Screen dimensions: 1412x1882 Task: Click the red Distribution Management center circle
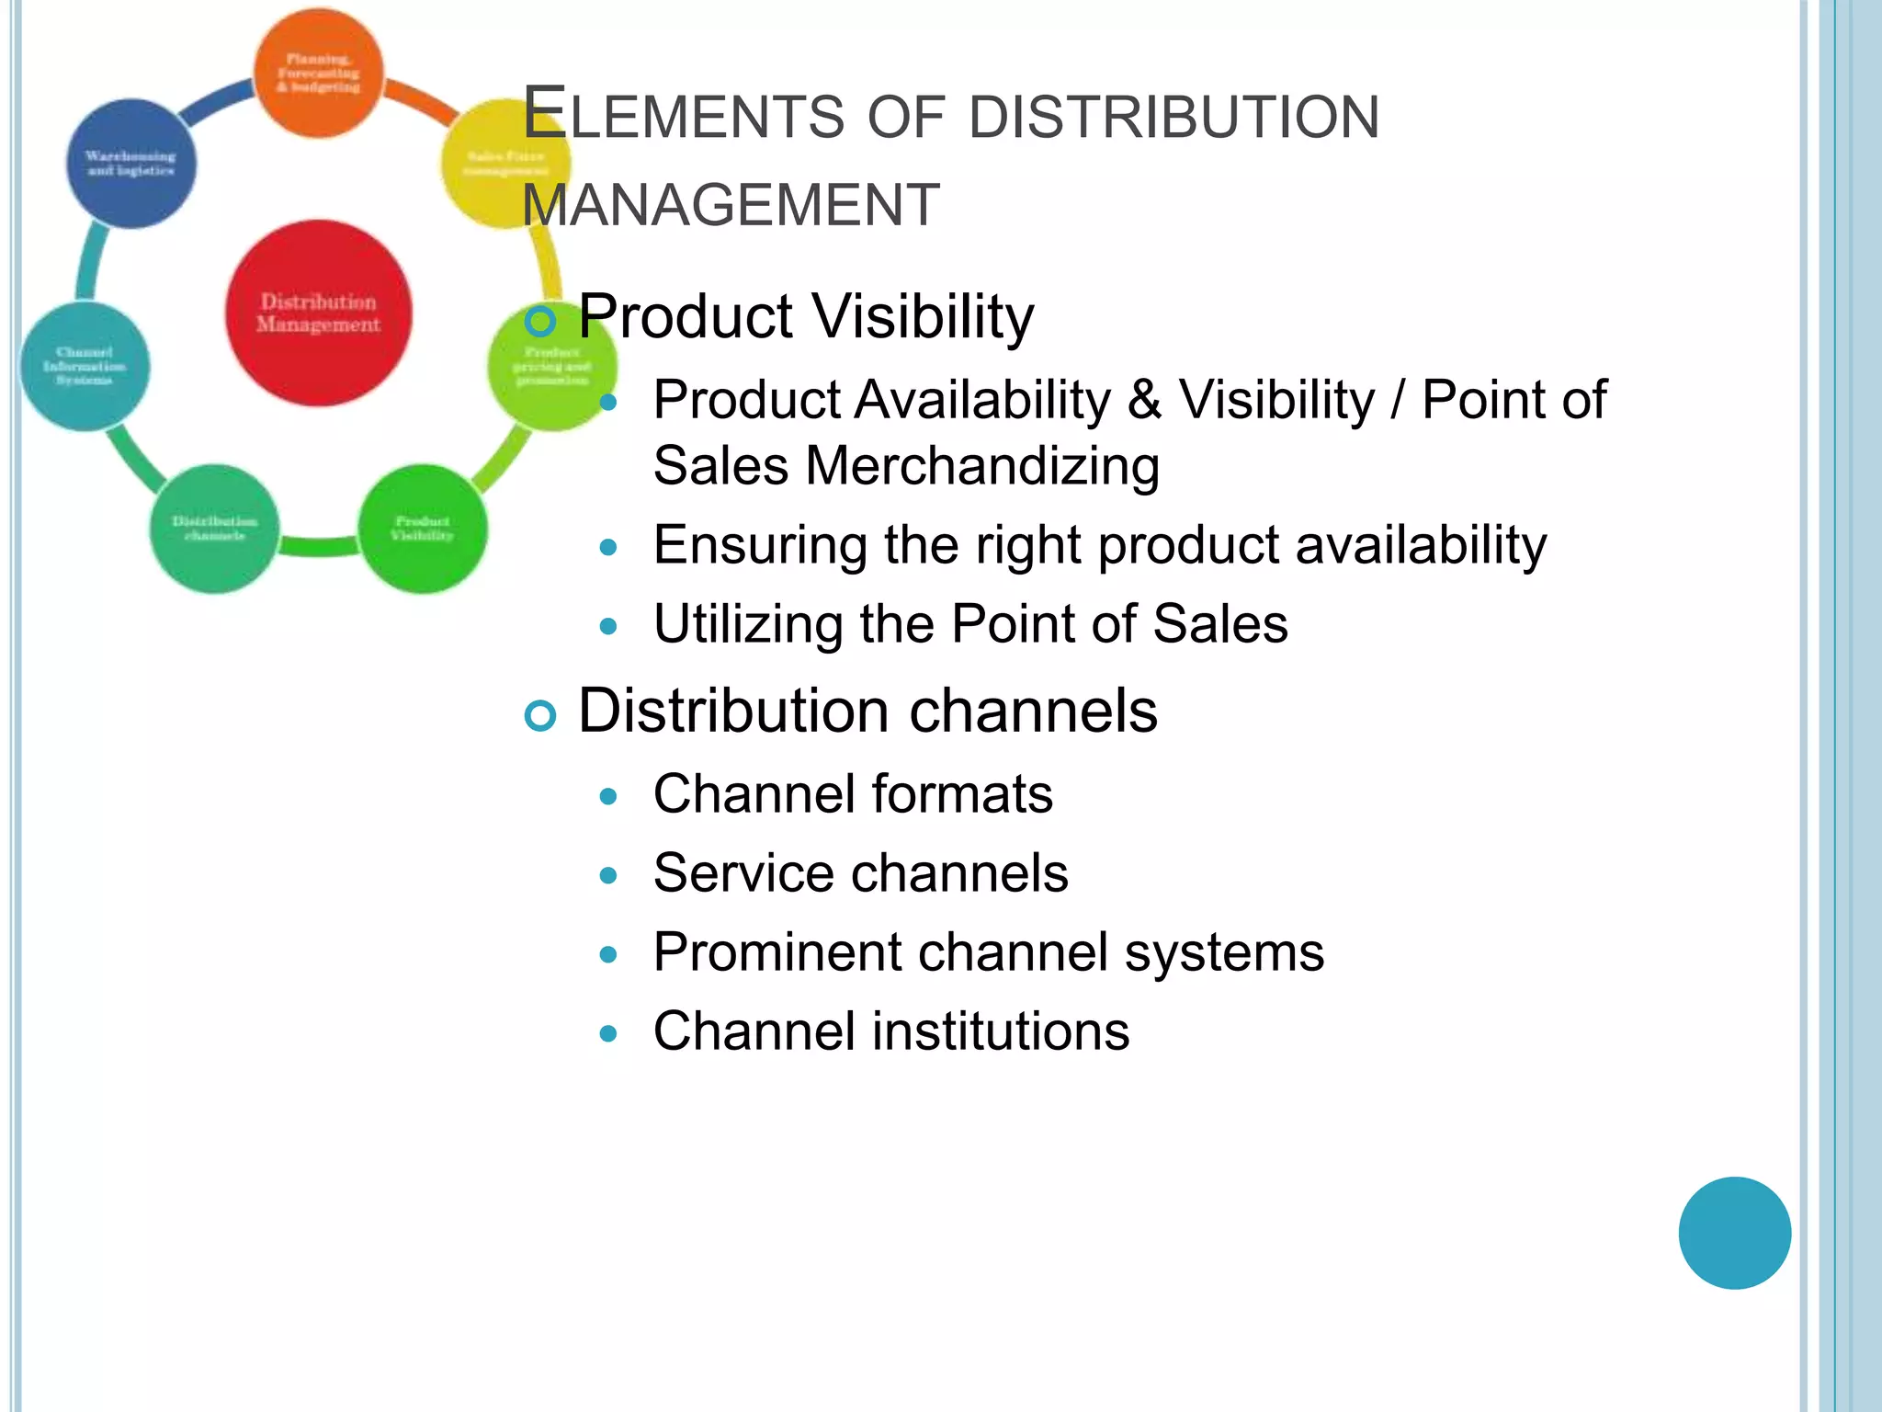[318, 313]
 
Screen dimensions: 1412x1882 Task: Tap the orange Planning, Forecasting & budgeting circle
[318, 74]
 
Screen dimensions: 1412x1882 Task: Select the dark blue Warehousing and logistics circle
[131, 164]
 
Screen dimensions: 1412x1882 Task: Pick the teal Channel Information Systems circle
[85, 366]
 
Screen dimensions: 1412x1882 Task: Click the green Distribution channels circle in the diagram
[214, 529]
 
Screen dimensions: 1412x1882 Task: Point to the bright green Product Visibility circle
[422, 529]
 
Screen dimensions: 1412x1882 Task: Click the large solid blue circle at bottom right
[1734, 1233]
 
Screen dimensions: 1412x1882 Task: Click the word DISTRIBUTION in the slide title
[1173, 118]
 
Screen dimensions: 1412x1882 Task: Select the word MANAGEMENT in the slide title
[731, 205]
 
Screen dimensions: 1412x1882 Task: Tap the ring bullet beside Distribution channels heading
[540, 715]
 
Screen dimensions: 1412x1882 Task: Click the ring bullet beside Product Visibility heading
[540, 321]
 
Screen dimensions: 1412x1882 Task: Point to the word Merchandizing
[982, 466]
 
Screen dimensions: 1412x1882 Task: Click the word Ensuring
[760, 545]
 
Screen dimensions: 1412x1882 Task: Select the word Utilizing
[748, 624]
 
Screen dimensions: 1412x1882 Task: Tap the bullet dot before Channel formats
[607, 796]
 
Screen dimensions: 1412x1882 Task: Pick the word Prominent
[777, 952]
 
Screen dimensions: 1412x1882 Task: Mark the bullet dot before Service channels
[607, 875]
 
